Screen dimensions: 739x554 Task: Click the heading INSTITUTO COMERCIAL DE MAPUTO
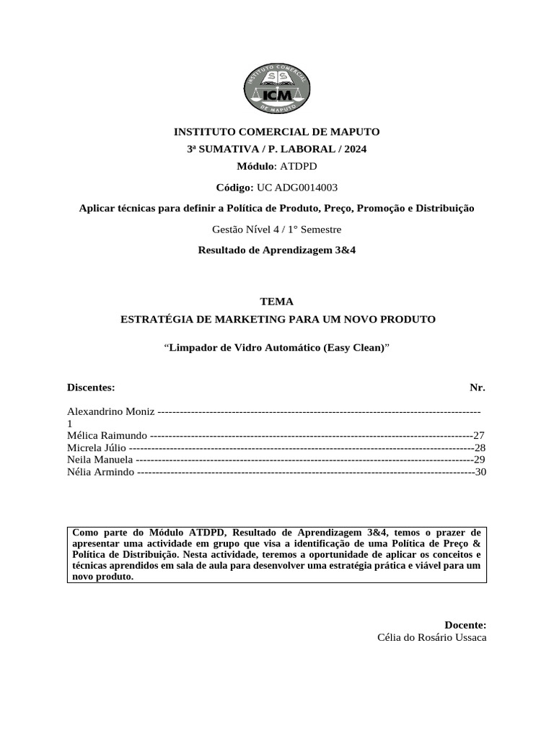[276, 131]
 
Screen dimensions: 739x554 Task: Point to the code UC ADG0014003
[296, 188]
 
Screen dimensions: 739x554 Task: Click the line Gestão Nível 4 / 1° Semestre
[276, 229]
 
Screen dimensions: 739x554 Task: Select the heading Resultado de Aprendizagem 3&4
[276, 250]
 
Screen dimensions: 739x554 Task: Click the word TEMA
[276, 302]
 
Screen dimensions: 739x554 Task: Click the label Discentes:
[91, 388]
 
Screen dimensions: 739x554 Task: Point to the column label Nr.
[478, 388]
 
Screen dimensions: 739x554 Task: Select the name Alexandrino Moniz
[110, 411]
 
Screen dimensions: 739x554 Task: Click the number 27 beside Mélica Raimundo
[479, 436]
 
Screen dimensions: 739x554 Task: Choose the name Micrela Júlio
[97, 448]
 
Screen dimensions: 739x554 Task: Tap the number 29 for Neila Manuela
[479, 460]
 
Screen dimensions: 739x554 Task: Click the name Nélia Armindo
[100, 472]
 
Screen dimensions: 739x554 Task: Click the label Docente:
[465, 625]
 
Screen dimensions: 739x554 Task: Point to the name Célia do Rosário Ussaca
[431, 638]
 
